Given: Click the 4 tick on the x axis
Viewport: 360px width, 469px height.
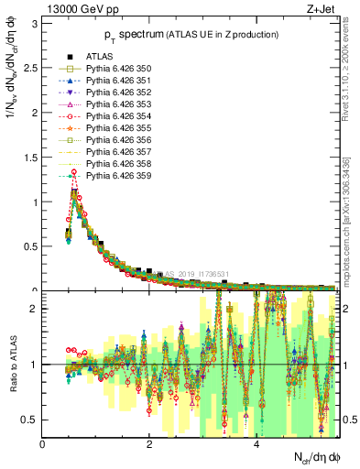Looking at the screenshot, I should coord(257,446).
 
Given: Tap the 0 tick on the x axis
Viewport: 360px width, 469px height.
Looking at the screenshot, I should coord(43,446).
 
